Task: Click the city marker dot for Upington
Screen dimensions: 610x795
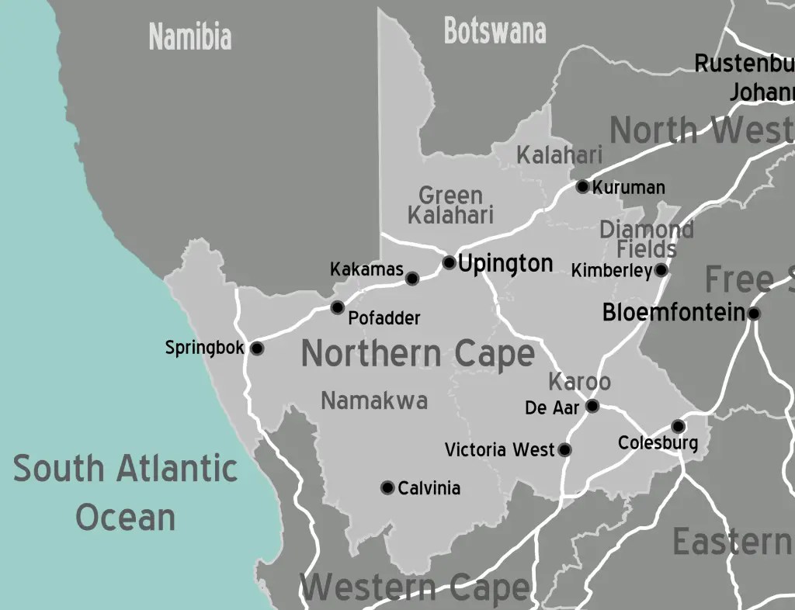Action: pos(449,262)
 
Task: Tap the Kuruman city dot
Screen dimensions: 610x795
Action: pos(582,186)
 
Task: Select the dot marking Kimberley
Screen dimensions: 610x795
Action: pos(661,270)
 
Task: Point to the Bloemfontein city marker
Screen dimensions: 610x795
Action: pos(753,314)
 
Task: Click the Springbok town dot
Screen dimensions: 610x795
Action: pos(257,348)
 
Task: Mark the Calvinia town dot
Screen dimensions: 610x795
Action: pos(387,487)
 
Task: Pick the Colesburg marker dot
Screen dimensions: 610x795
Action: pos(678,426)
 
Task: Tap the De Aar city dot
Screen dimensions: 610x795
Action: pos(592,406)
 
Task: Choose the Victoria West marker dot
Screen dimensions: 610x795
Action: pos(564,449)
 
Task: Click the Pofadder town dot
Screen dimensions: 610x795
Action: pos(337,307)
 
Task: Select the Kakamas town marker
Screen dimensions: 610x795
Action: pos(412,279)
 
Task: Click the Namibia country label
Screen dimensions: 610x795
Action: pos(190,36)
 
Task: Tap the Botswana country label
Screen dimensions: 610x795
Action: pos(495,31)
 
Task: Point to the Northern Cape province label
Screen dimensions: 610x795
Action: pos(418,354)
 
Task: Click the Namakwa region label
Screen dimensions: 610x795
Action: pos(374,400)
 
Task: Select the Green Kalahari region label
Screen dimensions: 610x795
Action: pos(450,205)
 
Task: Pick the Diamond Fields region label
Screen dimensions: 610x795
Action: pos(647,239)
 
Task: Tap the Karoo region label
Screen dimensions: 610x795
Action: pos(579,382)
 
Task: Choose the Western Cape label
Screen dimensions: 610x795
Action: pos(415,588)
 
